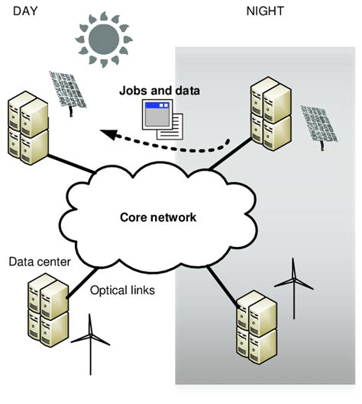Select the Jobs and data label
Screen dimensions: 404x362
click(x=160, y=91)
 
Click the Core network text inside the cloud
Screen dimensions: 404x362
click(x=159, y=217)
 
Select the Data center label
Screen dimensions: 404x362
click(x=40, y=262)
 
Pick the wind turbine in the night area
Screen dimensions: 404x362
click(x=293, y=284)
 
